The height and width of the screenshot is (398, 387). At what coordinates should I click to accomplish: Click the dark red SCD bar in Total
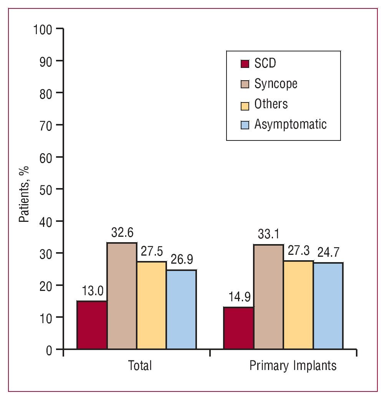pos(92,325)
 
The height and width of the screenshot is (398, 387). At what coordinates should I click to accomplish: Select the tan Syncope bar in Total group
pos(122,296)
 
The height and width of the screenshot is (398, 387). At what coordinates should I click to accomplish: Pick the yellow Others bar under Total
pos(152,305)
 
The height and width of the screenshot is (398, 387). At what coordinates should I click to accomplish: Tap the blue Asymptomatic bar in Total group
pos(181,309)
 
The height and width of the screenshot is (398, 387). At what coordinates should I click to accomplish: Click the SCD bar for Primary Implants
pos(239,328)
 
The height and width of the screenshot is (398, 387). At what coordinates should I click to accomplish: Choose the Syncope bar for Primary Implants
pos(268,297)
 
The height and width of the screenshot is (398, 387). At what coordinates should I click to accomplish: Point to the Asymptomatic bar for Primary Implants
pos(328,306)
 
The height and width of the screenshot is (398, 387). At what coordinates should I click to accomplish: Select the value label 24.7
pos(329,253)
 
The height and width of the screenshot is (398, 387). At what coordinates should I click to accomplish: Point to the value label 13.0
pos(93,291)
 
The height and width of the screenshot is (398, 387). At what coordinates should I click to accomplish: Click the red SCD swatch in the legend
pos(245,63)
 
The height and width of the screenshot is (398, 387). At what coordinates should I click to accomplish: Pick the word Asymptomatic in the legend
pos(290,124)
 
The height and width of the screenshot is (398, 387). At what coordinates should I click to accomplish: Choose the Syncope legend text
pos(276,84)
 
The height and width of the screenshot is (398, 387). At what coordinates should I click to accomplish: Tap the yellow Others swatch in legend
pos(245,104)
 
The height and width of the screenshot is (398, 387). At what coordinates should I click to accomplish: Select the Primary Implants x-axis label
pos(293,366)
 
